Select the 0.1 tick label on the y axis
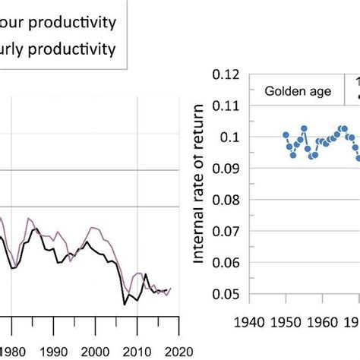238,137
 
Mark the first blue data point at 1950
286,134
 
